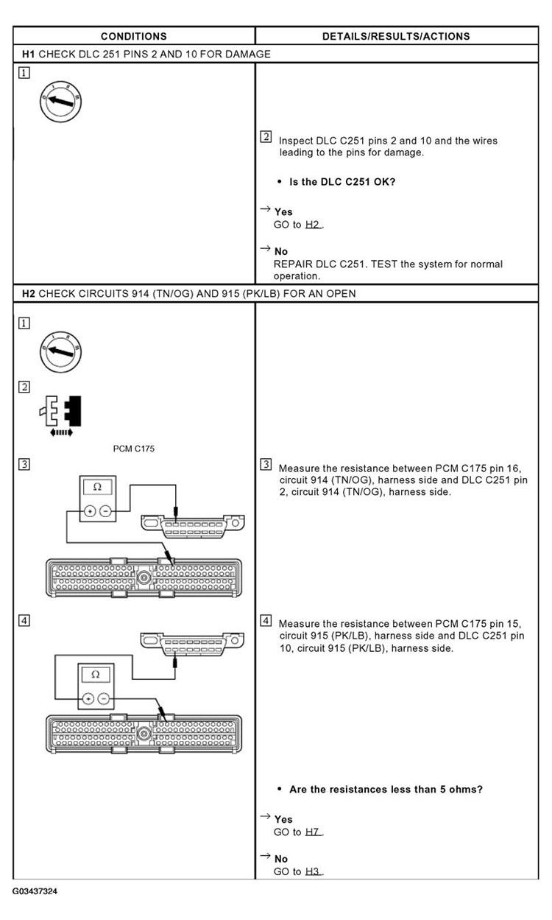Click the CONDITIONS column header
tap(133, 36)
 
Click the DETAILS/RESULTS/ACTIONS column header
tap(396, 36)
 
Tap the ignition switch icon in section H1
tap(61, 101)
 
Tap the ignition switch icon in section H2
tap(61, 351)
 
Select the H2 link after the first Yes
tap(314, 225)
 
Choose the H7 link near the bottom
tap(314, 832)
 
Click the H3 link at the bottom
tap(314, 872)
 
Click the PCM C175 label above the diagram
tap(133, 449)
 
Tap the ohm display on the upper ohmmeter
tap(96, 487)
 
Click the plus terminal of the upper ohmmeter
tap(89, 510)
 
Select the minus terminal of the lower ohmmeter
tap(104, 698)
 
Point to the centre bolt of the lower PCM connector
tap(144, 733)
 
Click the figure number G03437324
tap(35, 891)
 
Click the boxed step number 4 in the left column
tap(25, 620)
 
